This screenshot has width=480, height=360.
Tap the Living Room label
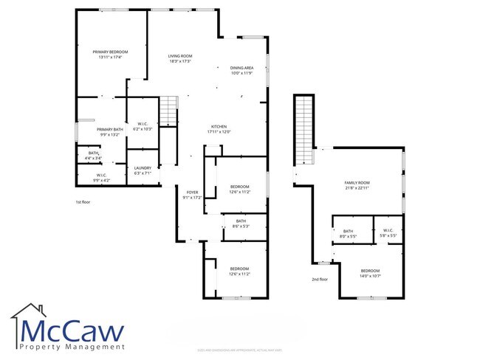click(x=180, y=59)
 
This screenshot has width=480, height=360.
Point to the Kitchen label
click(x=219, y=129)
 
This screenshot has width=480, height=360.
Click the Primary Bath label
click(x=110, y=132)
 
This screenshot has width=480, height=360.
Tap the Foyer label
click(x=192, y=195)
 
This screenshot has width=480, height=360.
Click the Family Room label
click(x=357, y=185)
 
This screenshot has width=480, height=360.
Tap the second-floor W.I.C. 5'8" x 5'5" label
click(x=389, y=232)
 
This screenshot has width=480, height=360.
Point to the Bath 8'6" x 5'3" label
click(x=241, y=224)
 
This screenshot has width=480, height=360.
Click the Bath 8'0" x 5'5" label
click(x=348, y=234)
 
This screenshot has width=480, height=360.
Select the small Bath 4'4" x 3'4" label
click(x=93, y=155)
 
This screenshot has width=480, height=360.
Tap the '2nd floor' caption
click(x=320, y=280)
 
